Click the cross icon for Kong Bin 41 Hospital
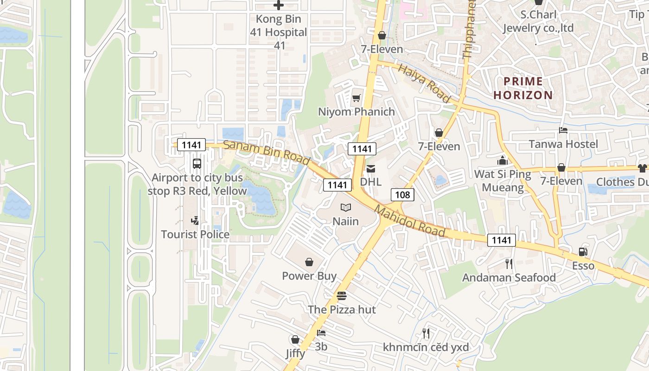click(x=278, y=6)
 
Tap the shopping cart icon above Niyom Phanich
click(x=356, y=98)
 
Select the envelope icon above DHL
click(x=371, y=168)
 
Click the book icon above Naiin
click(x=346, y=207)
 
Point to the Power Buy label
click(x=309, y=276)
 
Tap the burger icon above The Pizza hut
click(x=342, y=295)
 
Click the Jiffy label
click(x=295, y=353)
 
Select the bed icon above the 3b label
click(x=321, y=333)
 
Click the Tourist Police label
click(x=195, y=235)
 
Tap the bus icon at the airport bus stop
click(x=197, y=164)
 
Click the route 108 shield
click(x=402, y=195)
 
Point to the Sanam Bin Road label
click(x=266, y=152)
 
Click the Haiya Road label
click(x=424, y=83)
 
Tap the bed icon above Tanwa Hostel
click(x=563, y=130)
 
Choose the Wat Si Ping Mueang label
click(x=503, y=181)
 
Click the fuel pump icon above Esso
click(x=583, y=252)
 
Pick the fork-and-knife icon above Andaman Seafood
click(x=509, y=264)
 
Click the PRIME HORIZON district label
click(x=523, y=88)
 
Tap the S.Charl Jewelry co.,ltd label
click(x=538, y=21)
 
